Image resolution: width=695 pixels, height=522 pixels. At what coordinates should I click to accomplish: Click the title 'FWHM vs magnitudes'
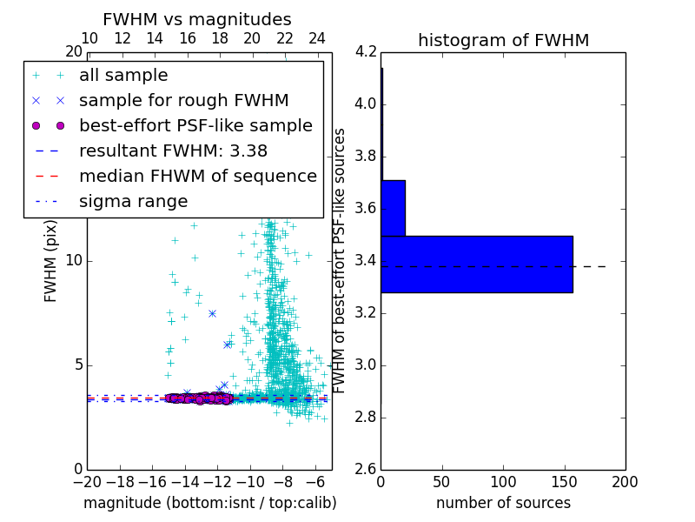pyautogui.click(x=197, y=19)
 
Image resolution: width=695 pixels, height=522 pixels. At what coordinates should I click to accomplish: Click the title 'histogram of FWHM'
pyautogui.click(x=503, y=40)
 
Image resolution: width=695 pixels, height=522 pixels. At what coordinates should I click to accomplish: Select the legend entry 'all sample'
pyautogui.click(x=123, y=76)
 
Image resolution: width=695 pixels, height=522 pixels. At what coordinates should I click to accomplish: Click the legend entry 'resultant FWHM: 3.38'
pyautogui.click(x=173, y=151)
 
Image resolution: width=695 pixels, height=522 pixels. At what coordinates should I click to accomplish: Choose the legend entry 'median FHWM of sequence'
pyautogui.click(x=198, y=176)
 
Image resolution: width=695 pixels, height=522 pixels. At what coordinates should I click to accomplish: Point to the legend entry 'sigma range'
pyautogui.click(x=133, y=201)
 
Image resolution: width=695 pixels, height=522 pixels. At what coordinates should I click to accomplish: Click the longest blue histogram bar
pyautogui.click(x=476, y=264)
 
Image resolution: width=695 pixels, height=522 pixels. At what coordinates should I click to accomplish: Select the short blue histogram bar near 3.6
pyautogui.click(x=393, y=208)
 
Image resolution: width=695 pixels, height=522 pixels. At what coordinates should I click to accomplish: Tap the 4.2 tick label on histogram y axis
pyautogui.click(x=366, y=52)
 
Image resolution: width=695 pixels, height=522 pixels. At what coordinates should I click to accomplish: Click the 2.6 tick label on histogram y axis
pyautogui.click(x=366, y=469)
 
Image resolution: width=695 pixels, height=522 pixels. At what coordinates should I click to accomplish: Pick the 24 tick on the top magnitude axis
pyautogui.click(x=317, y=38)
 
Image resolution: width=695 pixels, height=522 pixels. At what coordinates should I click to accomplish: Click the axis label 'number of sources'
pyautogui.click(x=503, y=503)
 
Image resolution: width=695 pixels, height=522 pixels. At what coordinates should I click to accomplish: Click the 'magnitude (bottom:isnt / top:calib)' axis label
pyautogui.click(x=209, y=503)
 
